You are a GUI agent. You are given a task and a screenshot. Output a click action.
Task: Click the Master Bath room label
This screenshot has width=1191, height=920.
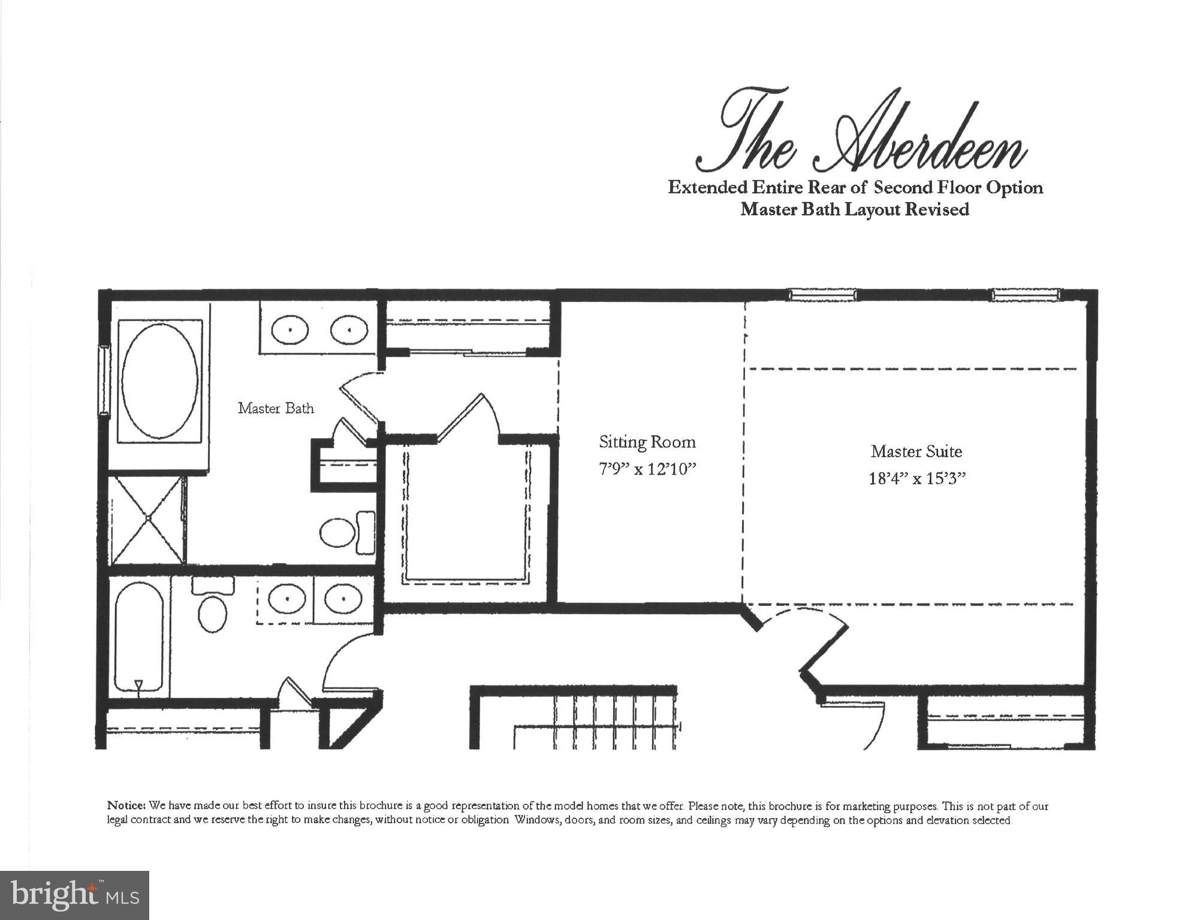[x=276, y=408]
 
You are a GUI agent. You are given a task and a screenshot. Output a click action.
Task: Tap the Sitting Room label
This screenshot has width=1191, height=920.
[x=647, y=442]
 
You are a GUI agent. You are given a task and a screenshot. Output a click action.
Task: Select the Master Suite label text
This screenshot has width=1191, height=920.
[x=916, y=451]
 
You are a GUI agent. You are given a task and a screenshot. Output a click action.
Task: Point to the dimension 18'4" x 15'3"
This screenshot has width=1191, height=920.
[x=917, y=478]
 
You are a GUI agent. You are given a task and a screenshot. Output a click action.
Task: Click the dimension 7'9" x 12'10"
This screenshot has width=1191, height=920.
[x=647, y=469]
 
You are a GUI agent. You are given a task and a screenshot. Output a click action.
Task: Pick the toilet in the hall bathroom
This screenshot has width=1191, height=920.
[x=212, y=608]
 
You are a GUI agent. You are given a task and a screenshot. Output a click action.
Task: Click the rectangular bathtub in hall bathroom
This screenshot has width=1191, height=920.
[x=139, y=637]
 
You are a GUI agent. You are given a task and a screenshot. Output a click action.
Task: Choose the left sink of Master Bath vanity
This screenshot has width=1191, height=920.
[x=290, y=330]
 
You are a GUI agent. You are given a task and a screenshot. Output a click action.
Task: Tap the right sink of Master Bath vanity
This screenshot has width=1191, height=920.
[x=349, y=330]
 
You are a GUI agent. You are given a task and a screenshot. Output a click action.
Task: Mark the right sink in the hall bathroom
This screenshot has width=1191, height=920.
[x=343, y=599]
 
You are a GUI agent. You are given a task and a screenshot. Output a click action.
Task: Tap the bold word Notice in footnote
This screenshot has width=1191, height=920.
[x=126, y=806]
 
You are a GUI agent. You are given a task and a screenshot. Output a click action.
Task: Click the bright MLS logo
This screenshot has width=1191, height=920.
[x=74, y=895]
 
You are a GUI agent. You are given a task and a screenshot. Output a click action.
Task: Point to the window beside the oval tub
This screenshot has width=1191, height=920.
[x=104, y=381]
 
